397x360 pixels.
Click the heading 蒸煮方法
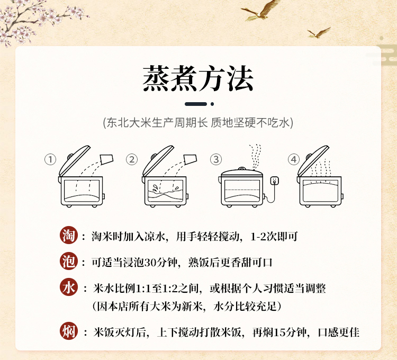(198, 78)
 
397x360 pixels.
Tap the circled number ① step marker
(50, 159)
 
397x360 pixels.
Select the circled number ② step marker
(132, 159)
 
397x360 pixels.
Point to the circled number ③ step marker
(216, 159)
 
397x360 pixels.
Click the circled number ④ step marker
(294, 159)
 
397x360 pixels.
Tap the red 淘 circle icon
(69, 235)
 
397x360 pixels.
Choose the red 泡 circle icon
(69, 261)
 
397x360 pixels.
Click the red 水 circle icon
(69, 287)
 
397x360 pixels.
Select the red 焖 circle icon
(69, 331)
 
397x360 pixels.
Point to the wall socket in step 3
(275, 181)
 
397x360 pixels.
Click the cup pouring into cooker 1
(106, 159)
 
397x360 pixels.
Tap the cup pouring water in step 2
(190, 159)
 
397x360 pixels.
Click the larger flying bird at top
(261, 10)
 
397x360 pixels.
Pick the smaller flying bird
(319, 33)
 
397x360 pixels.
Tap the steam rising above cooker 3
(255, 157)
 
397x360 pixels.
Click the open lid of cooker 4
(313, 160)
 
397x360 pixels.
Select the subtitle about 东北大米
(198, 123)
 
